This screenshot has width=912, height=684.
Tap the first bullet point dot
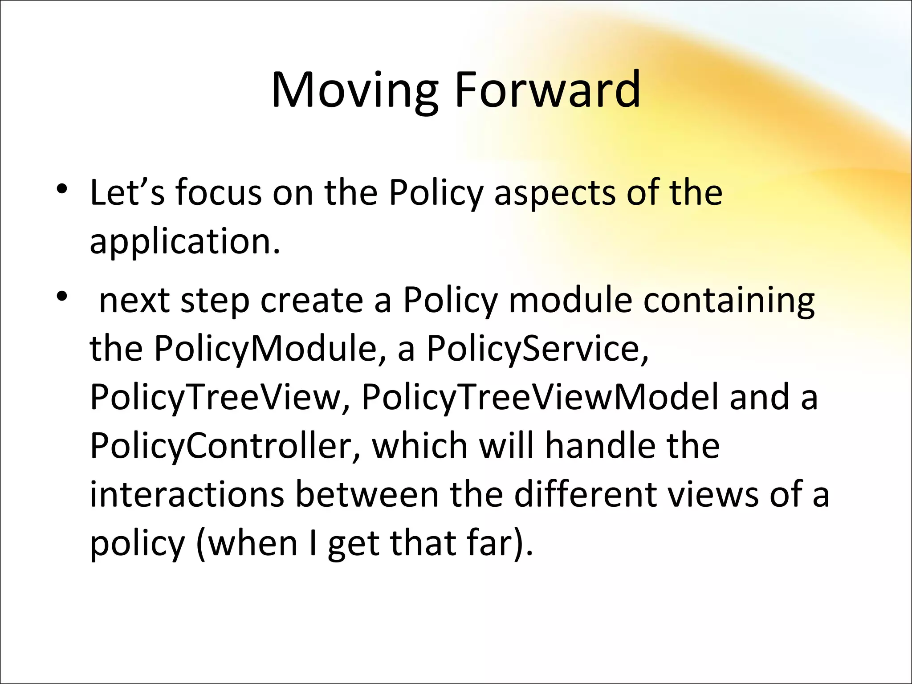click(62, 189)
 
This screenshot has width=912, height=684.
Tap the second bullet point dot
click(62, 296)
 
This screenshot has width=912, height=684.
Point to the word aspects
click(554, 194)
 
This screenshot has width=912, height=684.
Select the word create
click(312, 301)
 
